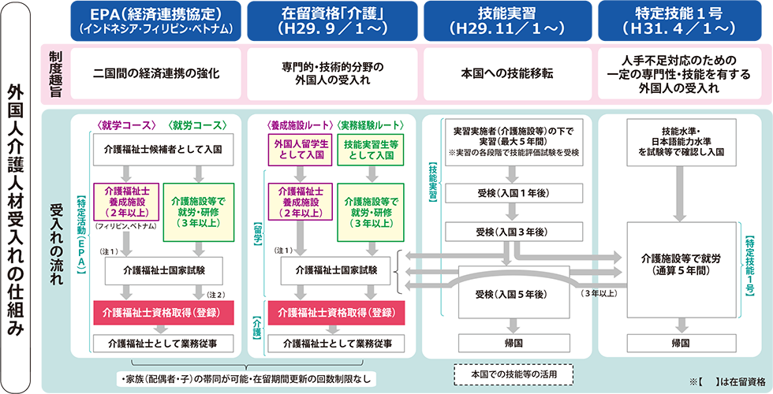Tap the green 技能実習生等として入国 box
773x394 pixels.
[x=370, y=149]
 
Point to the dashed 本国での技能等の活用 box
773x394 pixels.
[x=513, y=371]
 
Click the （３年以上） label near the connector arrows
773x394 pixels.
[x=599, y=294]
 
